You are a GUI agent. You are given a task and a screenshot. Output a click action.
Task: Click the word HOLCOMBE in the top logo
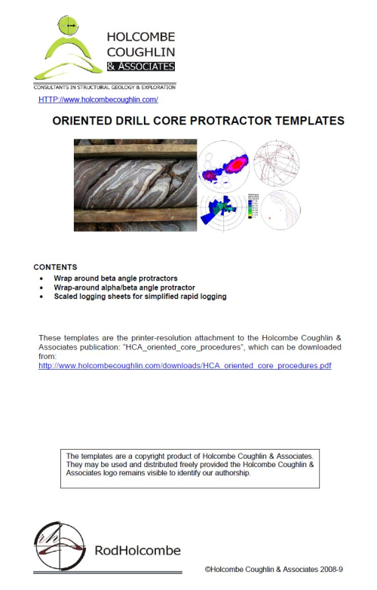tap(141, 36)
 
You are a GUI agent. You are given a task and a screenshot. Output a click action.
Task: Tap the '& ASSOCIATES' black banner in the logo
tap(142, 66)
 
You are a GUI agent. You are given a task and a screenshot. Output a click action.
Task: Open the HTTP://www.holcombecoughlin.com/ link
tap(98, 100)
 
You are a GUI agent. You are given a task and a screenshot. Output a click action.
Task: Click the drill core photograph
tap(135, 185)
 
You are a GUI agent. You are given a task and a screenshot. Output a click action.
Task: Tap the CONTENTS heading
tap(55, 267)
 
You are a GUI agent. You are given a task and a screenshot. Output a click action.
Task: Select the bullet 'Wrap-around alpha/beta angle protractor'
tap(124, 287)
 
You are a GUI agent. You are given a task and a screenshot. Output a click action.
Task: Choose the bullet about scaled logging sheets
tap(139, 297)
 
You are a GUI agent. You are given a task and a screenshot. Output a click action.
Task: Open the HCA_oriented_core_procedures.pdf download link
tap(185, 366)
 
